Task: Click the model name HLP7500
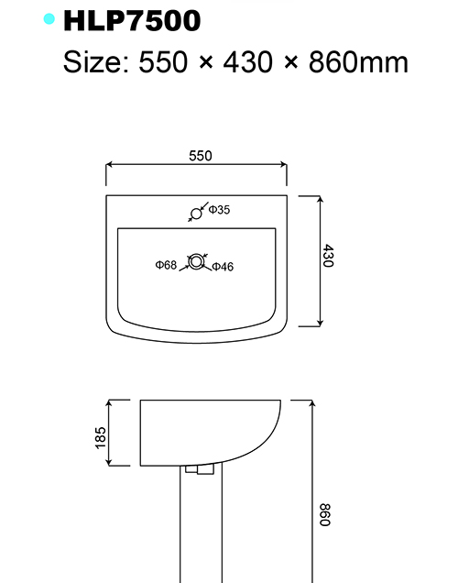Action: pos(132,20)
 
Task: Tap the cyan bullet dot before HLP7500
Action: pos(49,18)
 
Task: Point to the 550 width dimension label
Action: pos(200,156)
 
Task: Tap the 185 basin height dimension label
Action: pos(100,434)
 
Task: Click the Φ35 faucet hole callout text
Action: pos(219,210)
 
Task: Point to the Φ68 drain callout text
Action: pos(166,266)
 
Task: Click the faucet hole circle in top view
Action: pos(195,214)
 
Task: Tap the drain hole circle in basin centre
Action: pos(195,262)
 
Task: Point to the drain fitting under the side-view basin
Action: pos(199,470)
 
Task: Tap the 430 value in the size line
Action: pos(248,62)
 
